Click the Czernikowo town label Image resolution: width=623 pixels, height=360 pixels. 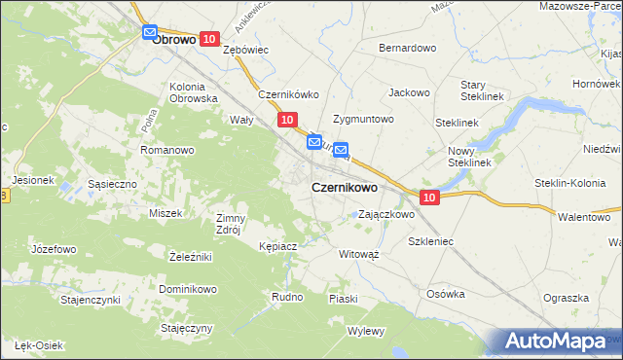click(345, 187)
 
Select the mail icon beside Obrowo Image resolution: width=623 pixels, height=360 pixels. click(149, 33)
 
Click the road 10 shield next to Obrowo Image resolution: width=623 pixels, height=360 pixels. click(209, 38)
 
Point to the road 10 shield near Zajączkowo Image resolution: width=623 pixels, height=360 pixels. click(430, 197)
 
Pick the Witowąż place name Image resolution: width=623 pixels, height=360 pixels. click(358, 252)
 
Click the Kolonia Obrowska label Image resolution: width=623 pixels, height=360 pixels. click(193, 92)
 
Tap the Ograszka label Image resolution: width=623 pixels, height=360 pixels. click(567, 298)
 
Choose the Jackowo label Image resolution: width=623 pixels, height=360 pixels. click(409, 93)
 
